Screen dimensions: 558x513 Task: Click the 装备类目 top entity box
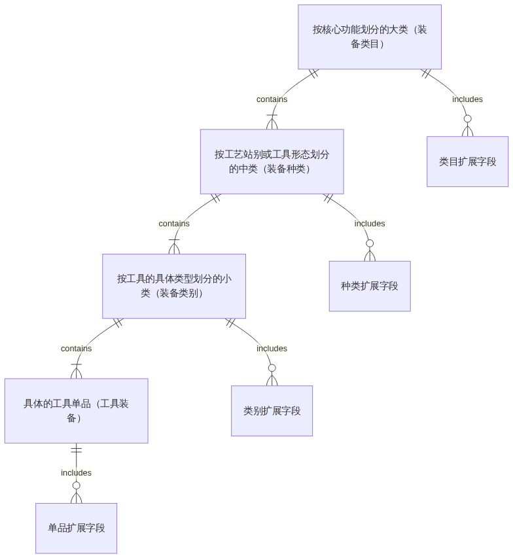point(370,37)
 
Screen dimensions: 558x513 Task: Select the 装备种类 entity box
point(272,162)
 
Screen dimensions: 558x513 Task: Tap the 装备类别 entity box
point(174,286)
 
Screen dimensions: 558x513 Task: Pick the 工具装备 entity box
point(76,411)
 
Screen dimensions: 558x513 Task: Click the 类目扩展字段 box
point(467,162)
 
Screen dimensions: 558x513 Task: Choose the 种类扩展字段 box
point(369,286)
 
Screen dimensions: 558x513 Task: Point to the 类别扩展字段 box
point(272,411)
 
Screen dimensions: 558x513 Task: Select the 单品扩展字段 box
point(76,528)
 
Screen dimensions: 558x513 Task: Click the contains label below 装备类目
point(272,99)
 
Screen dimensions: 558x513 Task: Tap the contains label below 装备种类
point(174,224)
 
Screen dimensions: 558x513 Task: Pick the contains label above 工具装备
point(76,349)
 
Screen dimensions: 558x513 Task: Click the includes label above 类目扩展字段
point(467,99)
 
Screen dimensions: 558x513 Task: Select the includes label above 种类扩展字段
point(370,224)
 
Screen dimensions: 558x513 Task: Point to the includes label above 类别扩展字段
point(272,349)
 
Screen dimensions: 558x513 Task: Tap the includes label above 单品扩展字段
point(76,473)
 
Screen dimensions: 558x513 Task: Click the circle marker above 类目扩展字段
point(467,118)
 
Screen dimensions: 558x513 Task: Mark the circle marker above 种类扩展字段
point(370,243)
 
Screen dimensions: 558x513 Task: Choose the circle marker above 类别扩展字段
point(272,368)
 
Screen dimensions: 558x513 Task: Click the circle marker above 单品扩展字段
point(76,485)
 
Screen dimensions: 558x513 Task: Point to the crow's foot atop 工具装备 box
point(76,373)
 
